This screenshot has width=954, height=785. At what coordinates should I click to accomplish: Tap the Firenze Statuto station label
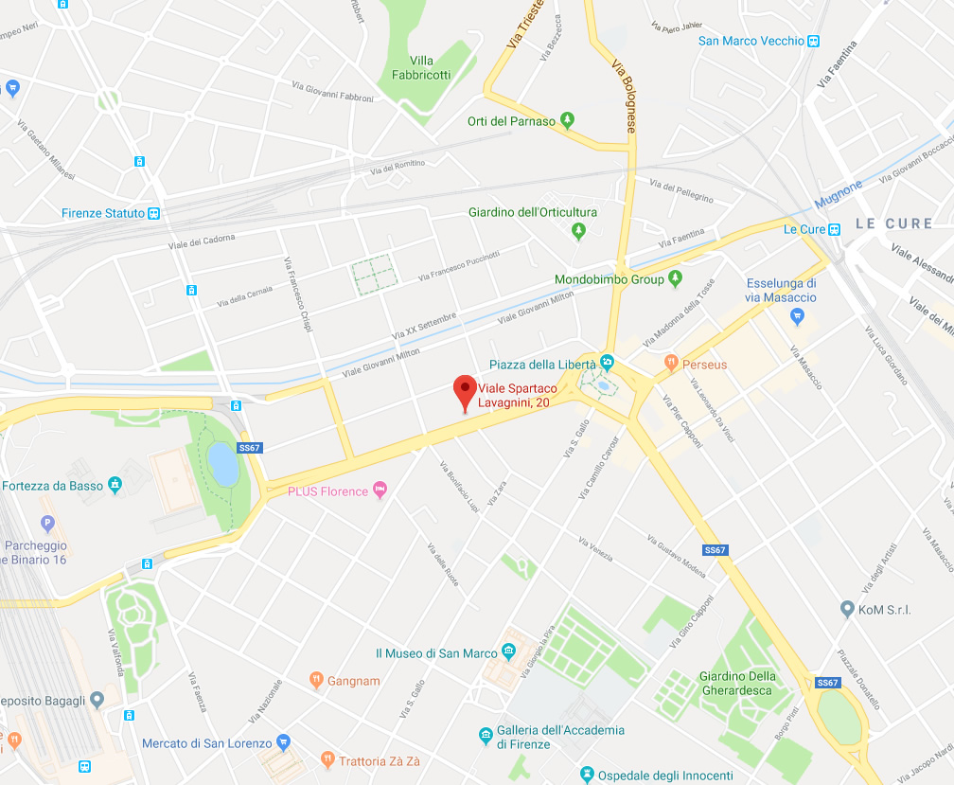(103, 213)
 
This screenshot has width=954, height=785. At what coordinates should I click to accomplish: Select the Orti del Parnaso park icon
(567, 120)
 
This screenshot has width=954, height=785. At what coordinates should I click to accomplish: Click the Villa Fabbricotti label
(422, 68)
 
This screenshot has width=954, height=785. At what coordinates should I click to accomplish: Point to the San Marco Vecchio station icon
(813, 41)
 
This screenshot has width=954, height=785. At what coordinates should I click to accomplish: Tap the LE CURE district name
(893, 223)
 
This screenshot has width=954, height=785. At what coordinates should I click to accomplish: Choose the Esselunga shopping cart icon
(798, 315)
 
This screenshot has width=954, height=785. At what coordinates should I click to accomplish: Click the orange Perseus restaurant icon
(670, 363)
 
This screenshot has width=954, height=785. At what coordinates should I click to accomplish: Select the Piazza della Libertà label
(542, 365)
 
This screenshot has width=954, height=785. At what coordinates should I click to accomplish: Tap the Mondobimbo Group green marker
(675, 278)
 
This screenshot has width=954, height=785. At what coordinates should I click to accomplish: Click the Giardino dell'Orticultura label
(533, 212)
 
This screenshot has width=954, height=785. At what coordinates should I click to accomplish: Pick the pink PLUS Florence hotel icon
(380, 491)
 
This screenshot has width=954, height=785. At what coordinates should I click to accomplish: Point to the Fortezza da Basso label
(52, 486)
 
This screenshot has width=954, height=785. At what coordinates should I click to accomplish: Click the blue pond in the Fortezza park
(222, 462)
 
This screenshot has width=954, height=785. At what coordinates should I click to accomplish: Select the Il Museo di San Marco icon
(508, 652)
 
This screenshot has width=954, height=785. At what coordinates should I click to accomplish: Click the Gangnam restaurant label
(354, 681)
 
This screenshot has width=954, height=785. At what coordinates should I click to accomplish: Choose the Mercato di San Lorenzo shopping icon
(284, 742)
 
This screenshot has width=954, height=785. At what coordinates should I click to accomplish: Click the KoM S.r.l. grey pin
(847, 609)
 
